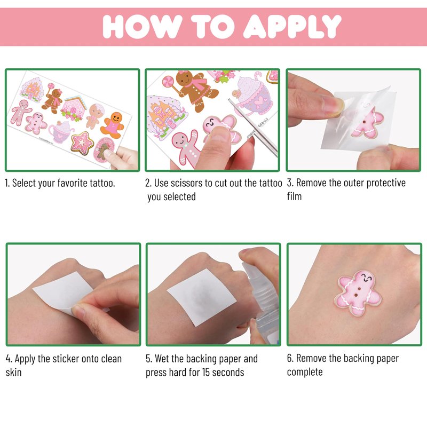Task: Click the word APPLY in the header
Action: tap(292, 26)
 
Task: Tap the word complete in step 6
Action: tap(305, 372)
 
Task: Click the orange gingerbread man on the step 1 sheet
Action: tap(113, 125)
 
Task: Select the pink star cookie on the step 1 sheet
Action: tap(82, 143)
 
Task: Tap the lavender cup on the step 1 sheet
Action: tap(61, 132)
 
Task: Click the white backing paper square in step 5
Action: tap(202, 297)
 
